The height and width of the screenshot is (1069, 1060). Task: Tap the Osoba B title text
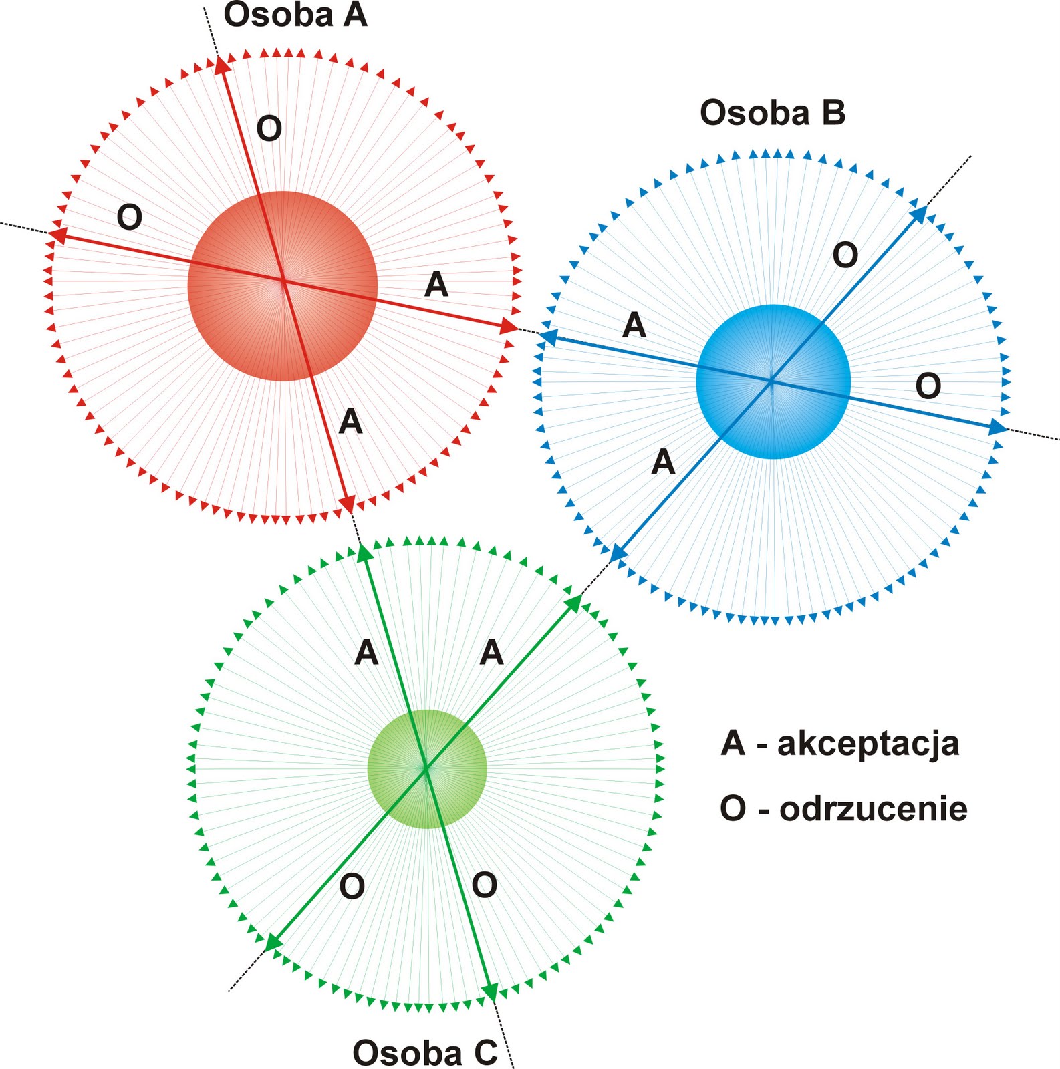[x=773, y=113]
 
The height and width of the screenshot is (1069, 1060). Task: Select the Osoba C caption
[x=425, y=1053]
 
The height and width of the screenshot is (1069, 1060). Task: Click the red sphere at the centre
[x=283, y=286]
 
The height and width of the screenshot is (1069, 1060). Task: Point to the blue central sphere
[x=773, y=381]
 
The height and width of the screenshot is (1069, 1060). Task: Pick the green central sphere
[x=427, y=769]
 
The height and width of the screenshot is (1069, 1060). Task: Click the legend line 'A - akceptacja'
[x=840, y=743]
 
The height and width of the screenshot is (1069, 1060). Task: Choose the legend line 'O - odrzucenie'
[x=843, y=809]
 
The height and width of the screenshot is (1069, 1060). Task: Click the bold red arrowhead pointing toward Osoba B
[x=509, y=327]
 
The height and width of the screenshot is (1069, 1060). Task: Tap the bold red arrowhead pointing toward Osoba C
[x=348, y=503]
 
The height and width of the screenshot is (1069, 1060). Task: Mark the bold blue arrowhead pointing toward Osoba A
[x=549, y=337]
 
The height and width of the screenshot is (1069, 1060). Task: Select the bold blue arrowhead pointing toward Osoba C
[x=619, y=552]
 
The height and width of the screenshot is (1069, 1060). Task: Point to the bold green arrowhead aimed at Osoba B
[x=573, y=604]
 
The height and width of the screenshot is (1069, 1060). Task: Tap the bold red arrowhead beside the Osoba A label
[x=223, y=66]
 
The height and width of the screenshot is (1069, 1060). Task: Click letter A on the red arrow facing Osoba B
[x=436, y=285]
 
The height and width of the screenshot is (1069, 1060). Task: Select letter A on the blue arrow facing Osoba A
[x=634, y=326]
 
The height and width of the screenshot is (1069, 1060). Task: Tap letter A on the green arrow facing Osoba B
[x=491, y=652]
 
